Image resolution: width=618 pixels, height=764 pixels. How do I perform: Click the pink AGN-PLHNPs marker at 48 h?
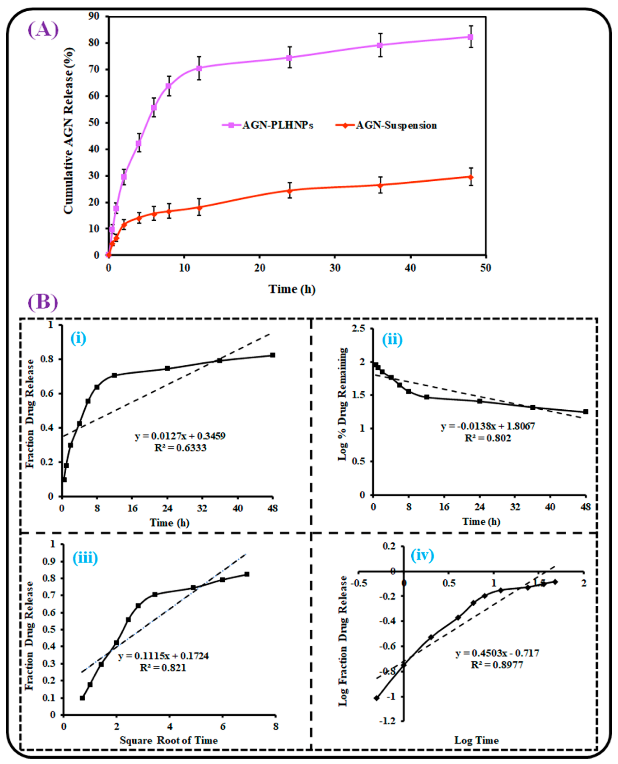pos(470,37)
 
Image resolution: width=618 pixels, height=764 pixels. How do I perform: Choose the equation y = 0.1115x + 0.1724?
pos(163,656)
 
